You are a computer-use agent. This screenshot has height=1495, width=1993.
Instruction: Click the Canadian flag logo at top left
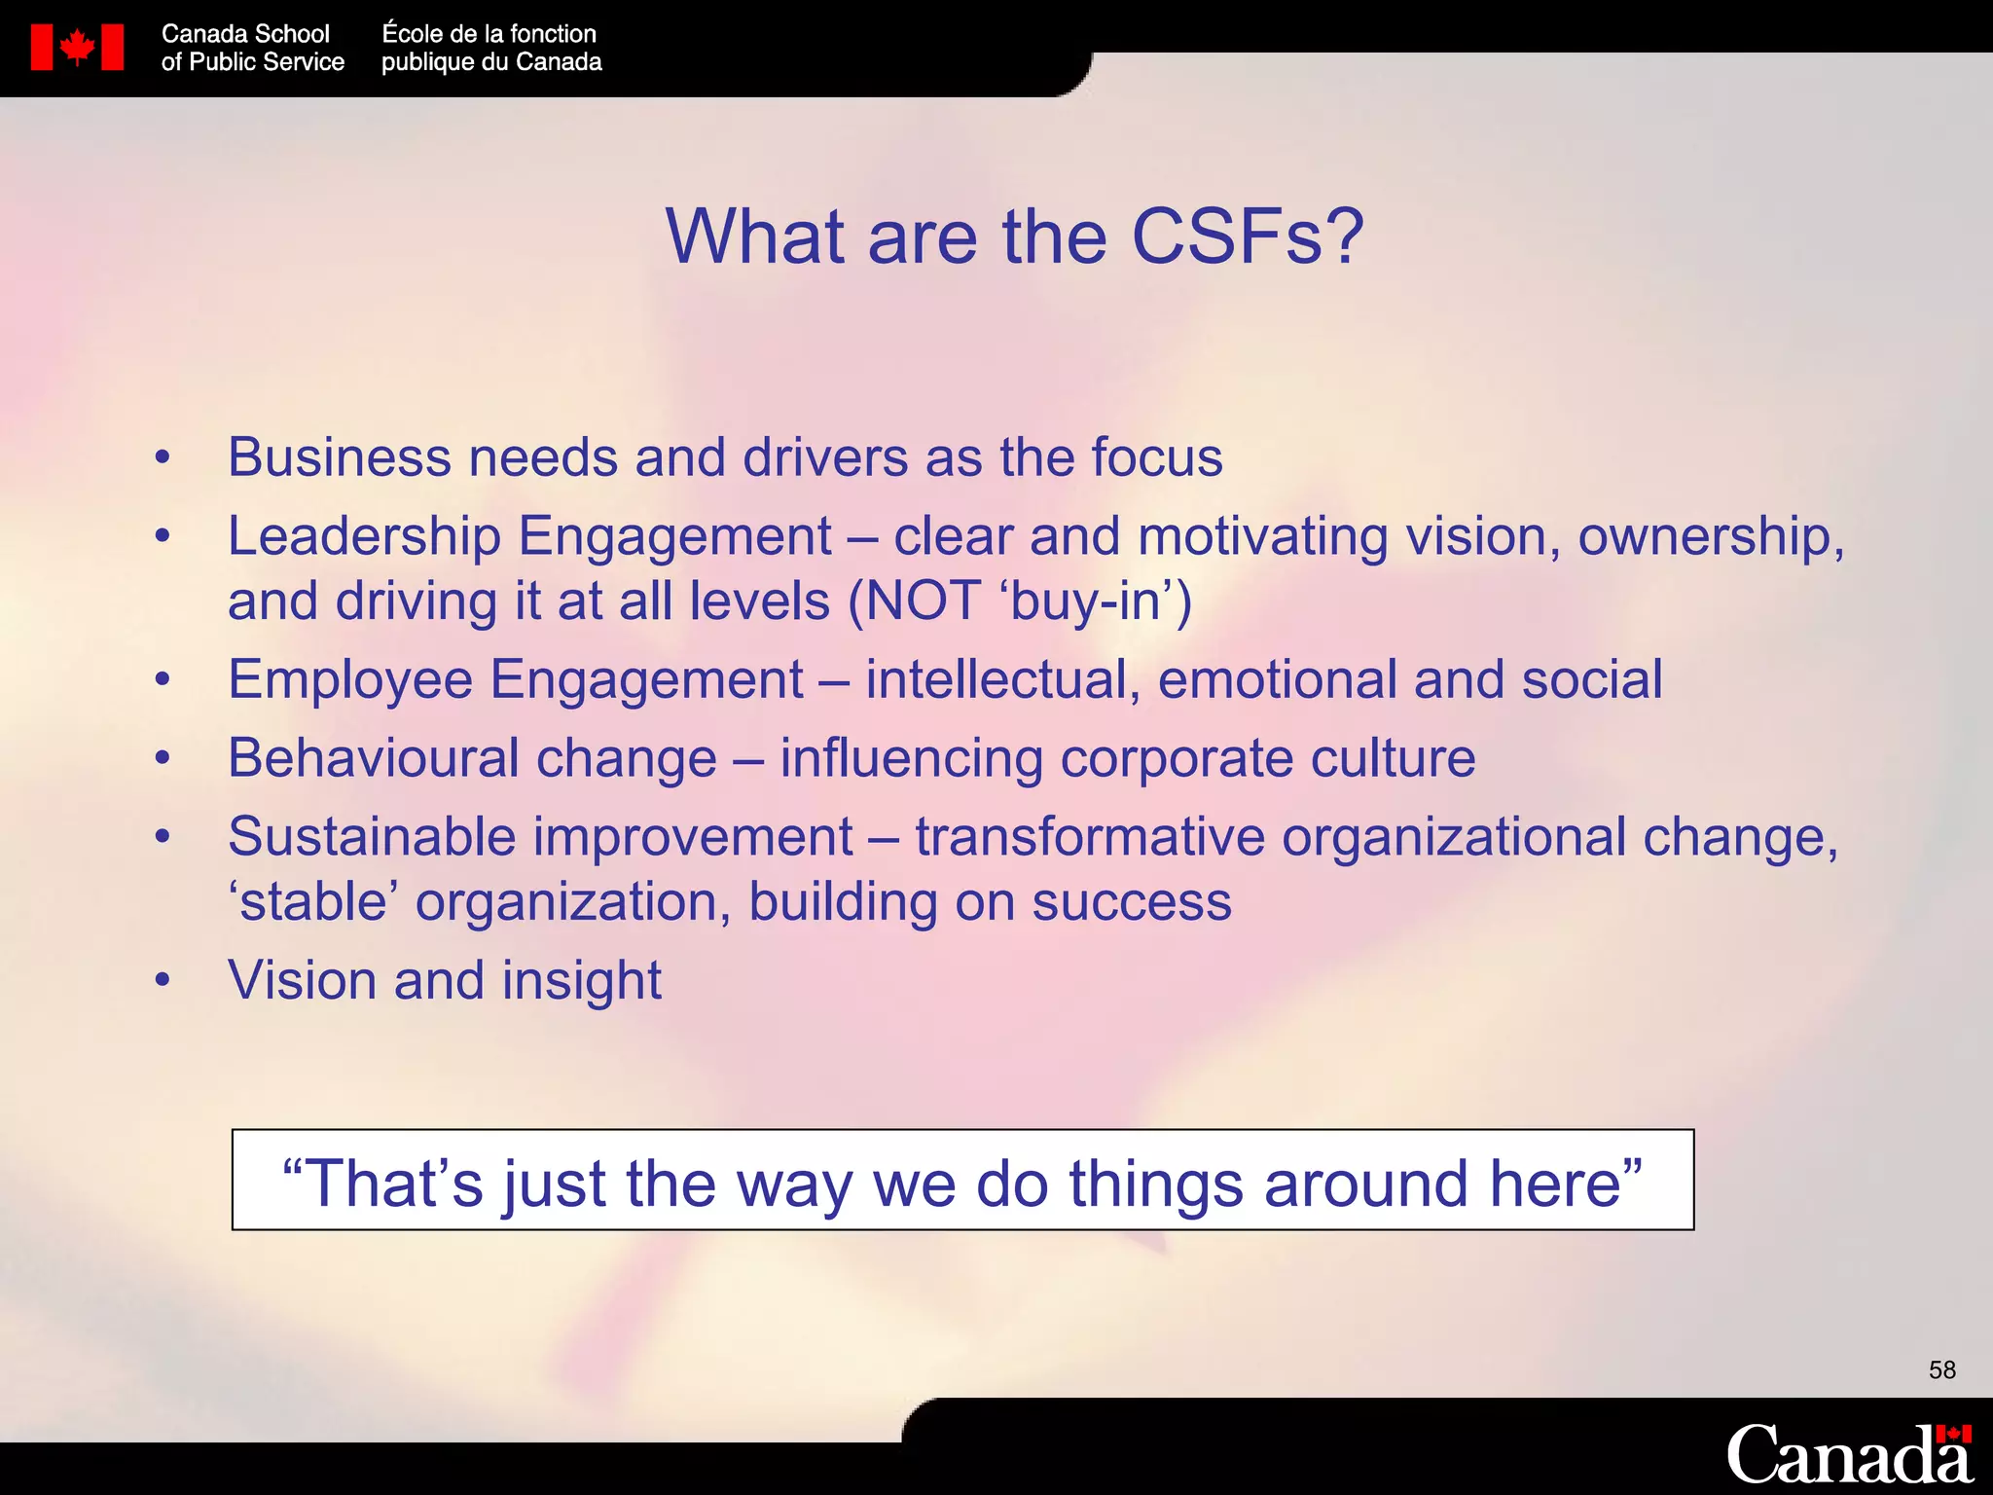[x=77, y=48]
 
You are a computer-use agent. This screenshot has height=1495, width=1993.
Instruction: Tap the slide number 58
[x=1941, y=1370]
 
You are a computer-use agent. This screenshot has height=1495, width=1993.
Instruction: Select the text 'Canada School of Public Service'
[x=252, y=48]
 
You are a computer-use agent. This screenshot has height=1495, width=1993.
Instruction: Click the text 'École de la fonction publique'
[x=490, y=48]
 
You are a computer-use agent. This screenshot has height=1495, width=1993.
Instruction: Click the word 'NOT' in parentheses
[x=923, y=602]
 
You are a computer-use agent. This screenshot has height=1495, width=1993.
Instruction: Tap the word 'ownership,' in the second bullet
[x=1711, y=537]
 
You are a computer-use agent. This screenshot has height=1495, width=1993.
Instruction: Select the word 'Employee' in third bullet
[x=349, y=680]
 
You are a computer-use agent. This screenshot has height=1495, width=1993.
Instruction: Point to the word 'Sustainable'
[x=372, y=837]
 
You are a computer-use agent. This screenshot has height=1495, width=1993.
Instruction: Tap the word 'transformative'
[x=1090, y=837]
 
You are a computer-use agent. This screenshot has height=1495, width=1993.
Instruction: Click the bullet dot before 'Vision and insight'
[x=163, y=981]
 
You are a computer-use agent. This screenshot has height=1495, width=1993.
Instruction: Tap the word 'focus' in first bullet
[x=1156, y=457]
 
